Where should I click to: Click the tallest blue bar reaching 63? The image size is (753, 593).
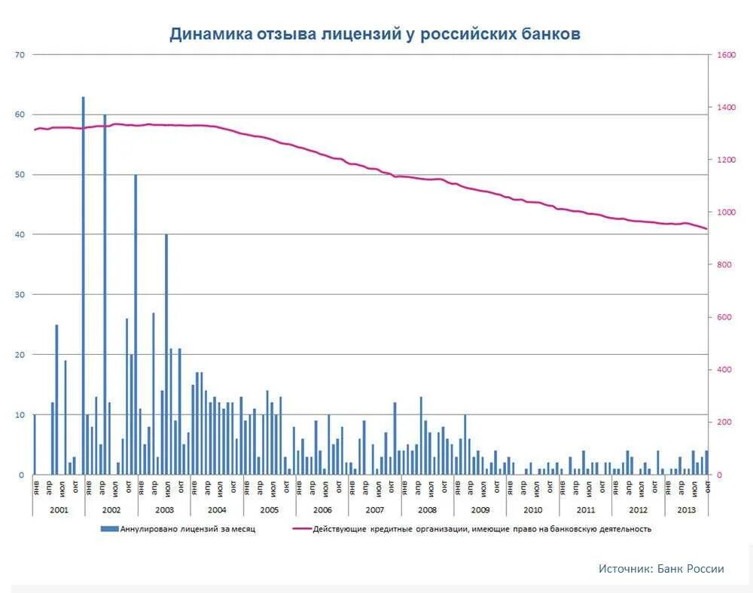tap(83, 286)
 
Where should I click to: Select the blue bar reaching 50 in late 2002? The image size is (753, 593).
tap(136, 324)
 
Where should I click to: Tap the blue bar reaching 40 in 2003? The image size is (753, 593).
tap(166, 354)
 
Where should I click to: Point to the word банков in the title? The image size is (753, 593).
tap(549, 35)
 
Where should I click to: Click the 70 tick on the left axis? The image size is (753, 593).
tap(20, 55)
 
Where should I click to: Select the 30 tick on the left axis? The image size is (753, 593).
tap(20, 295)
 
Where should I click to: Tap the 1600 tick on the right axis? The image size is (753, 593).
tap(726, 55)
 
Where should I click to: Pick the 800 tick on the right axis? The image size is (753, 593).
tap(724, 265)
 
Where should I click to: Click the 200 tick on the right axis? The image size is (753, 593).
tap(724, 423)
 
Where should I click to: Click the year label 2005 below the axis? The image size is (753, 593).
tap(269, 510)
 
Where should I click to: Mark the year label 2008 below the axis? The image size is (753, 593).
tap(427, 510)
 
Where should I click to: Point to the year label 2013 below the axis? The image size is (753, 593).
tap(687, 510)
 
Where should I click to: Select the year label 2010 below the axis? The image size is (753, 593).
tap(532, 510)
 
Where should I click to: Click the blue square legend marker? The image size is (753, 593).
tap(105, 529)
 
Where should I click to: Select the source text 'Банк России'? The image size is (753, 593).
tap(691, 569)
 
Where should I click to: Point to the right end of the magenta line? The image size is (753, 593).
tap(706, 228)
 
